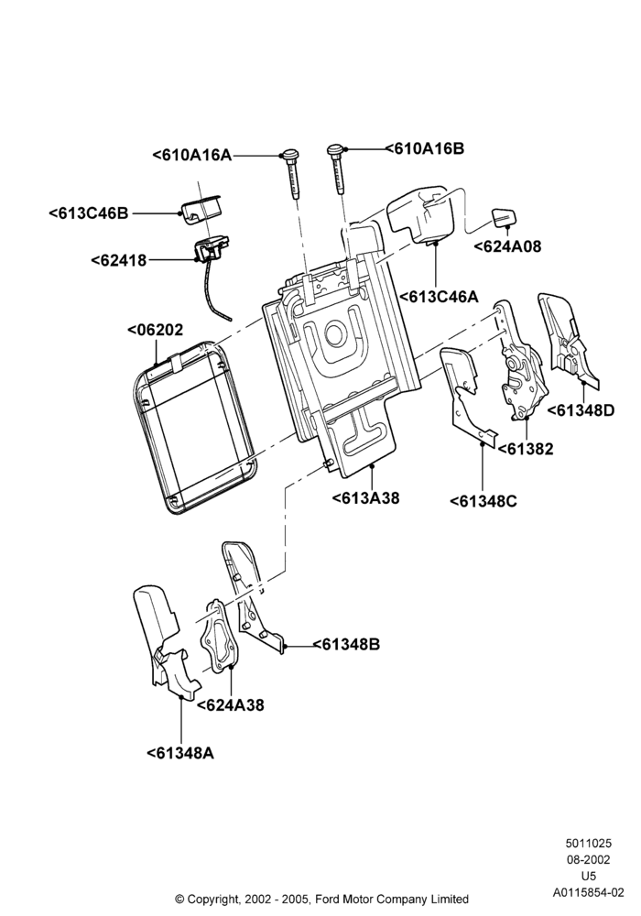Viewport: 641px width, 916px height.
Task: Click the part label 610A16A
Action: [x=192, y=155]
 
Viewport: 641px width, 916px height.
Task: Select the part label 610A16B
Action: [x=424, y=148]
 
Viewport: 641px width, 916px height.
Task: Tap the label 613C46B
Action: [x=88, y=213]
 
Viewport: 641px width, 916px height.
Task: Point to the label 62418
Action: [x=119, y=260]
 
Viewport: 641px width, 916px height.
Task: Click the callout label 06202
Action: [x=156, y=330]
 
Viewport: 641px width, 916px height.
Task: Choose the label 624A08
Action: [x=507, y=246]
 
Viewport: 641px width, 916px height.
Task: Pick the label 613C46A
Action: [x=439, y=297]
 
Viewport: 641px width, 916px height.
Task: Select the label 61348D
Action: [x=581, y=410]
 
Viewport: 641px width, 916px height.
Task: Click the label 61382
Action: [x=526, y=449]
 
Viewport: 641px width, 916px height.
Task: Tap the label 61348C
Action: [x=483, y=501]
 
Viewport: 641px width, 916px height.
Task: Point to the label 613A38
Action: [x=366, y=498]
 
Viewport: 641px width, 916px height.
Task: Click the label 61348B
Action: [x=347, y=644]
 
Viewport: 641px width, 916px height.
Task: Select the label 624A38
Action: [x=231, y=705]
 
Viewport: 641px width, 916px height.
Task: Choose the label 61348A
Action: [x=180, y=753]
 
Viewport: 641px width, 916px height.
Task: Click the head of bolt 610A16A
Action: [x=289, y=155]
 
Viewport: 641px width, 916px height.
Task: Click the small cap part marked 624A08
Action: [x=504, y=217]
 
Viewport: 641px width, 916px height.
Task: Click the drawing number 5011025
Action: [x=588, y=843]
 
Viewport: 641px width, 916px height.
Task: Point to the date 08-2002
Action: [x=588, y=859]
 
